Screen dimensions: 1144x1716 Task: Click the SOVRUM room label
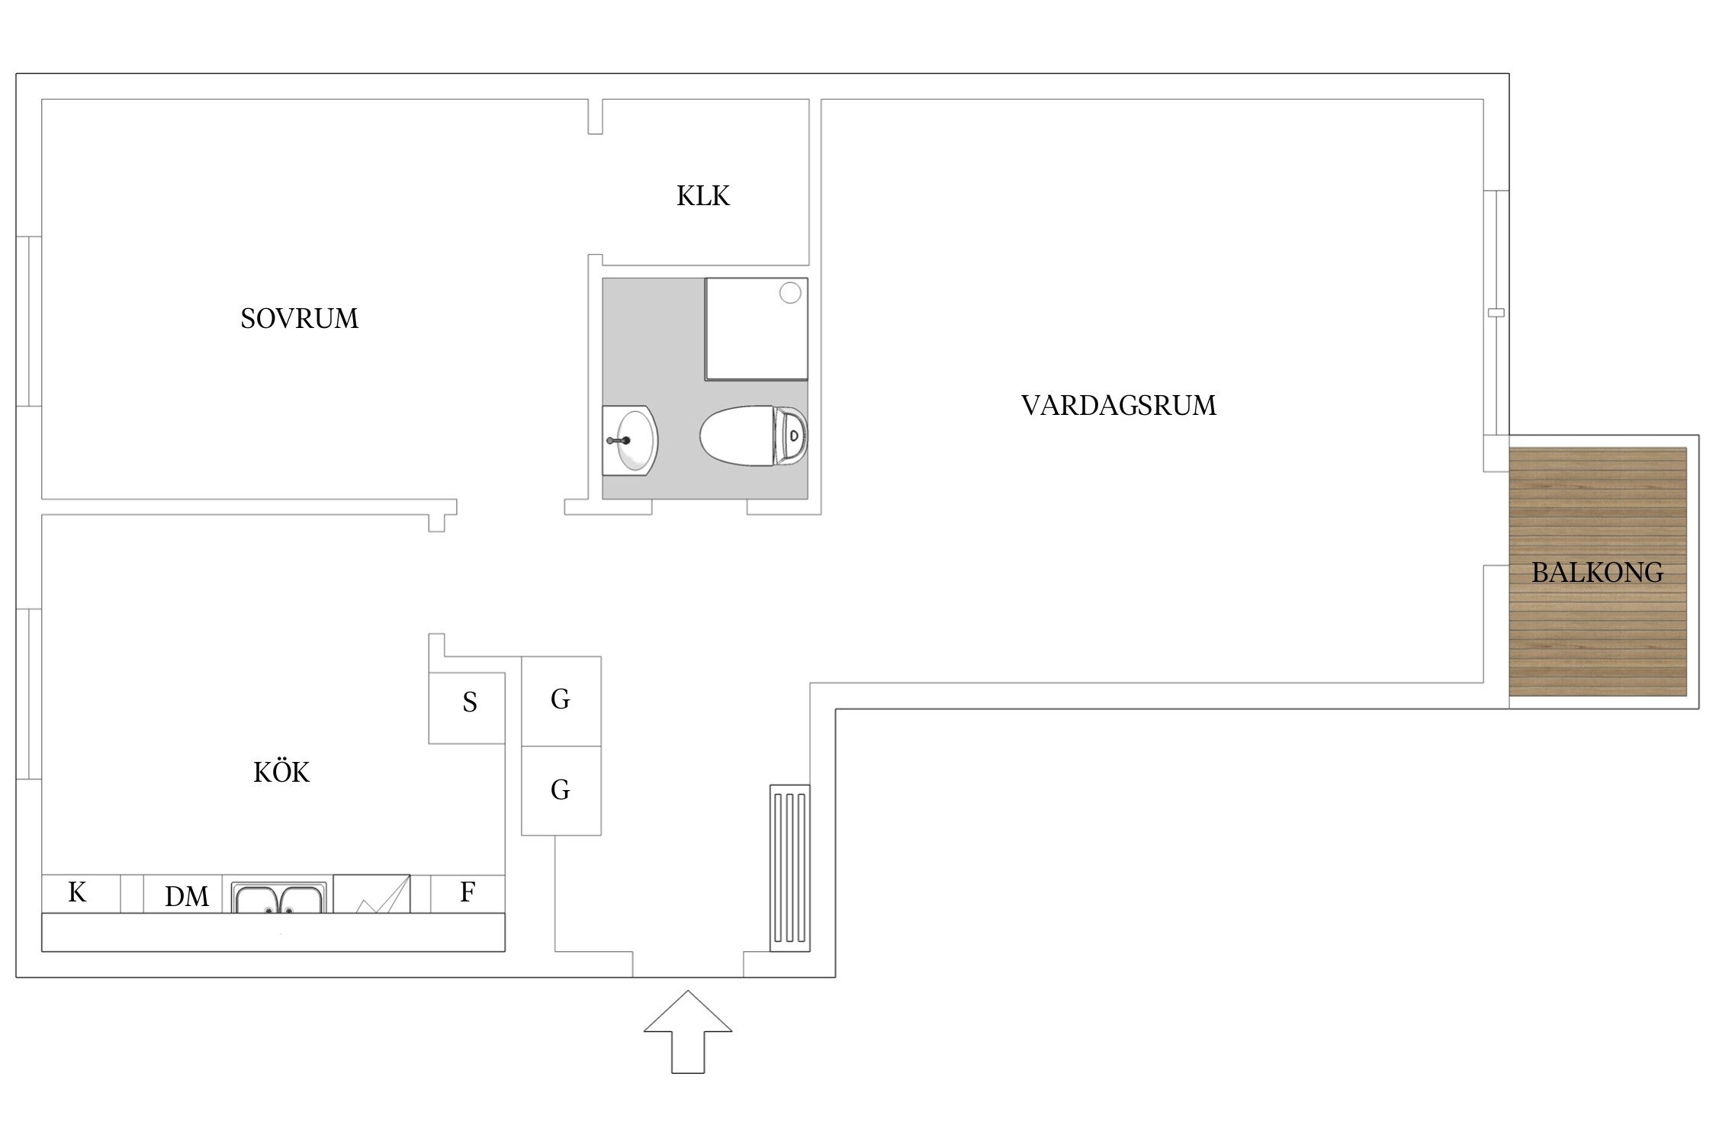tap(299, 319)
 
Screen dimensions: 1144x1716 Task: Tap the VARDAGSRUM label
tap(1118, 406)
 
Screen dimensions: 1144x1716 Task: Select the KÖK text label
tap(281, 773)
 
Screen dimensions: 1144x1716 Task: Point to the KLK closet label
tap(702, 196)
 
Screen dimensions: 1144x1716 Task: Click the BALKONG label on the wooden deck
tap(1597, 573)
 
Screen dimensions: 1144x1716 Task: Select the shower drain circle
tap(790, 293)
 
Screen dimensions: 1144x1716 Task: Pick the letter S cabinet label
tap(470, 702)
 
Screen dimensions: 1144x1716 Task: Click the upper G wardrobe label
tap(561, 699)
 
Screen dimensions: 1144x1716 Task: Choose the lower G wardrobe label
tap(561, 790)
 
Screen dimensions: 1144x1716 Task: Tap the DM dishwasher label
tap(187, 897)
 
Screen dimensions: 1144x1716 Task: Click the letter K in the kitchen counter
tap(77, 892)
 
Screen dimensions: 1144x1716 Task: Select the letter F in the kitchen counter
tap(468, 892)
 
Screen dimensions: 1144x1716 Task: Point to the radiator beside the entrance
tap(789, 868)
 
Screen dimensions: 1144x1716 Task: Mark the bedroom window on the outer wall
tap(28, 321)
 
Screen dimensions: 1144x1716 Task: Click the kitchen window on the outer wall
tap(28, 694)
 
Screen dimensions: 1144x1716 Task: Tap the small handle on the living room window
tap(1496, 313)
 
